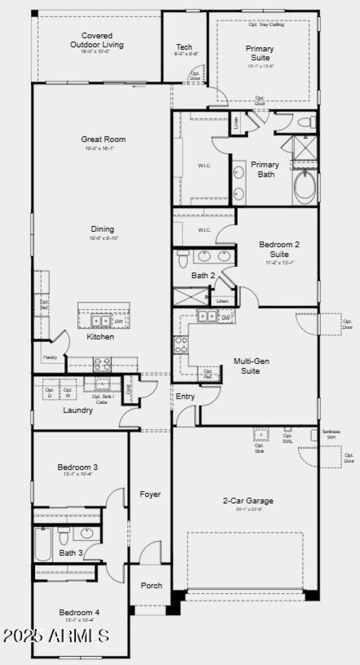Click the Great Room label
(103, 139)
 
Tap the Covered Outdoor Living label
(96, 40)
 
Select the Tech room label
(184, 47)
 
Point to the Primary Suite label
(260, 53)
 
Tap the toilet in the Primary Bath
(308, 121)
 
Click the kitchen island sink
(100, 321)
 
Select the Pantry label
(50, 357)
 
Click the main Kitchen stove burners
(102, 364)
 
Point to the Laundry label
(77, 410)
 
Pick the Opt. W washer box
(67, 392)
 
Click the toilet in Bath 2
(183, 259)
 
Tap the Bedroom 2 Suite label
(279, 249)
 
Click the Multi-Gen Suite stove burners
(181, 345)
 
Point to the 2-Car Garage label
(248, 500)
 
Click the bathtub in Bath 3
(43, 544)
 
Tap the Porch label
(151, 585)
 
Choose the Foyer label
(150, 494)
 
